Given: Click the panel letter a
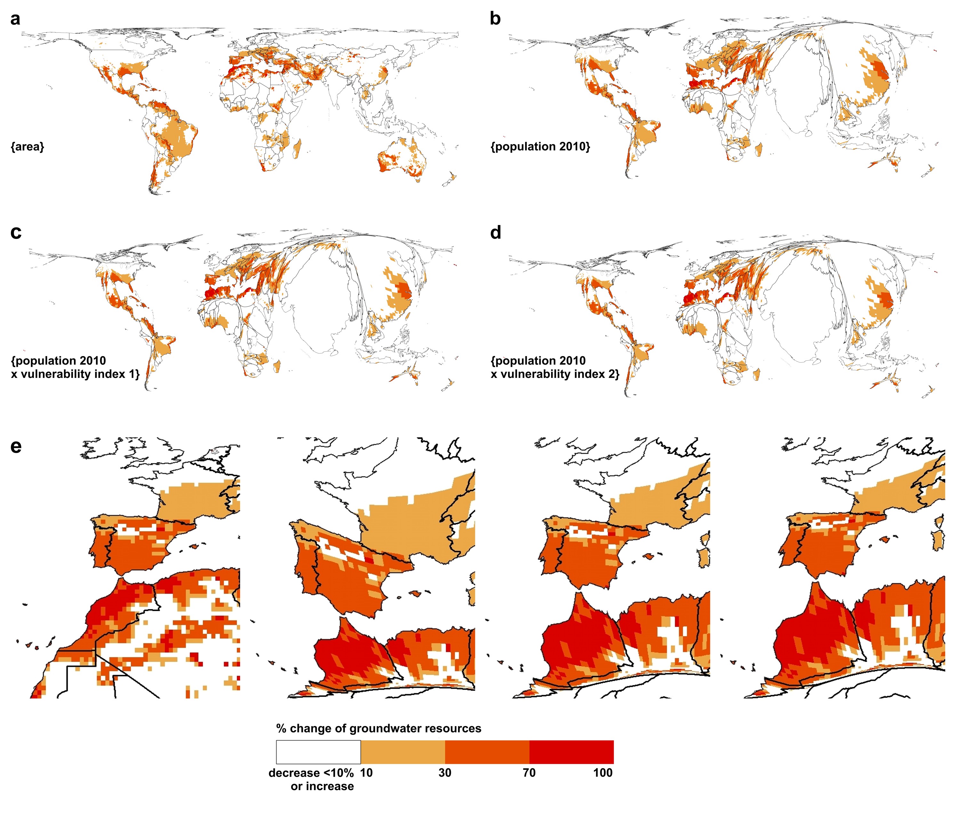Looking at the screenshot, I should click(15, 20).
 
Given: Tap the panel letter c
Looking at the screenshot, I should click(16, 232).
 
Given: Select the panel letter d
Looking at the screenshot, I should click(495, 232).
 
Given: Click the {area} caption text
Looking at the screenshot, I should click(27, 147).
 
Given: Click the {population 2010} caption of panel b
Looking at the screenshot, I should click(540, 147).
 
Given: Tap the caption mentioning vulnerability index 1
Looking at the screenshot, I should click(75, 367).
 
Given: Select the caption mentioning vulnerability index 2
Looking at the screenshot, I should click(555, 367).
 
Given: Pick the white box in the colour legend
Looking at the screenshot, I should click(318, 752).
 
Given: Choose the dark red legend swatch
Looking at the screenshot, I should click(571, 752).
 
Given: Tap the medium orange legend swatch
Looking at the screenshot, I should click(487, 752).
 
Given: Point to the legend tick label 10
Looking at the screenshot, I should click(366, 773).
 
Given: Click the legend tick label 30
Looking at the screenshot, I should click(445, 773).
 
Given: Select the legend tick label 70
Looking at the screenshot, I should click(529, 773).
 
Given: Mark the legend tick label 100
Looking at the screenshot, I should click(603, 773).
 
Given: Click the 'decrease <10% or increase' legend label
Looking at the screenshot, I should click(311, 780).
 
